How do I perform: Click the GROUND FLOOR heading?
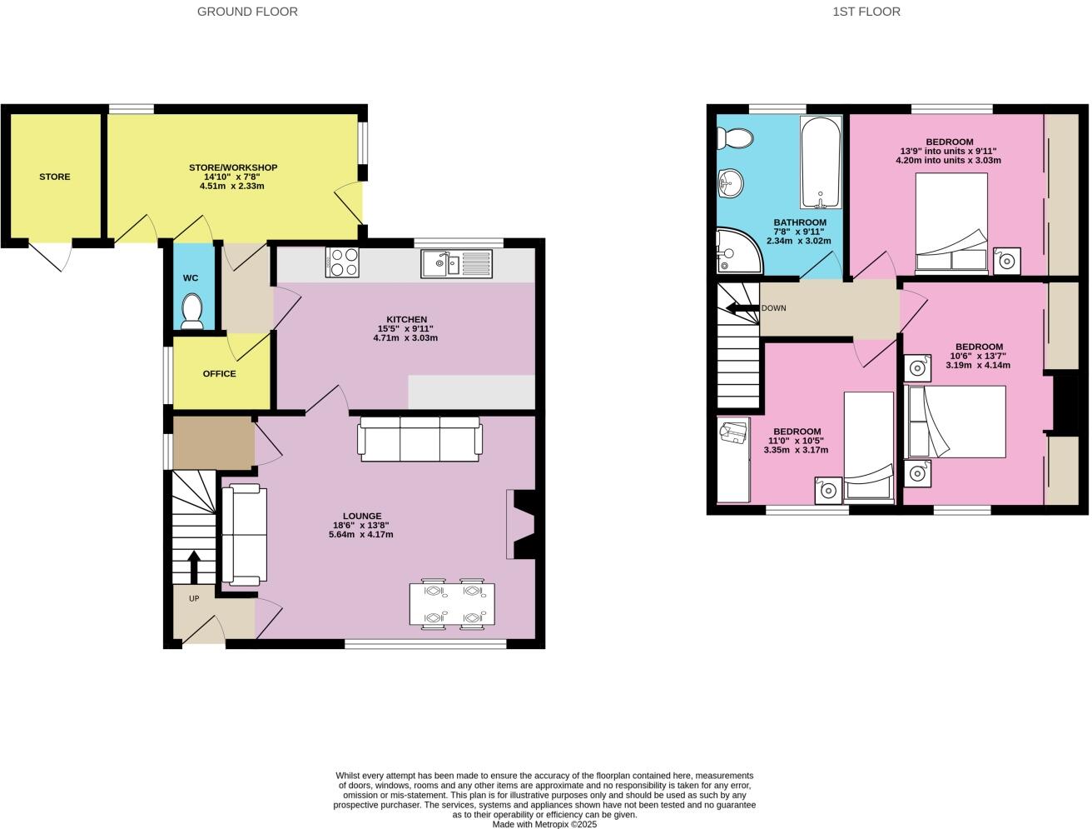247,12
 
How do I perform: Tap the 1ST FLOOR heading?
866,12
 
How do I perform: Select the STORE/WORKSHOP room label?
233,167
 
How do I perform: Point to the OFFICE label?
220,374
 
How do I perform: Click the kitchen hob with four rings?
342,262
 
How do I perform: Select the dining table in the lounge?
452,604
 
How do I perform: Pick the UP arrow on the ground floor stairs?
194,568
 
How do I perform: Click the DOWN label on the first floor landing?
773,308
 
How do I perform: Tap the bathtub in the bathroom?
821,162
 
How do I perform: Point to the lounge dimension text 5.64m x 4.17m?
360,534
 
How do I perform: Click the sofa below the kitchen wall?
419,442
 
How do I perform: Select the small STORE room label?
55,177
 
